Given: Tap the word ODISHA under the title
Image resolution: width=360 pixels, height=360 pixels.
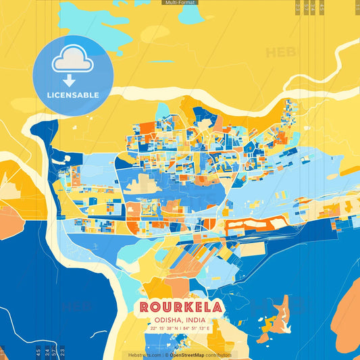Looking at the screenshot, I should coord(165,320).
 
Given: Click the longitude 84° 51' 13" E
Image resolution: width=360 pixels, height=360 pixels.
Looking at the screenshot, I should coord(197,328).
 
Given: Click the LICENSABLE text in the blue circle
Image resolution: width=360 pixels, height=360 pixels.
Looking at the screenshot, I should coord(73,95).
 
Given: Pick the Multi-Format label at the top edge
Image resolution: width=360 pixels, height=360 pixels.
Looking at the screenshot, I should coord(180,3).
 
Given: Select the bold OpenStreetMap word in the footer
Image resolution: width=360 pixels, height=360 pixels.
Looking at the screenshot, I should coord(187,355).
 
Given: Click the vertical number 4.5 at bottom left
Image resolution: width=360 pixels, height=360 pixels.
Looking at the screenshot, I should coord(37,352).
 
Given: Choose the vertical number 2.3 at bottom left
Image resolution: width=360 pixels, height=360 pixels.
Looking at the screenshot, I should coord(62,352).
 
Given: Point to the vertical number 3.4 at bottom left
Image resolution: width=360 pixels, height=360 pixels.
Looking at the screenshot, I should coord(46,352).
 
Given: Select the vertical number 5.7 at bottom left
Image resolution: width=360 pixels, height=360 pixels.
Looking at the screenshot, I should coord(54,352).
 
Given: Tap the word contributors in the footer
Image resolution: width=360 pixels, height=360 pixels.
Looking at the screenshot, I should coord(218,355).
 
